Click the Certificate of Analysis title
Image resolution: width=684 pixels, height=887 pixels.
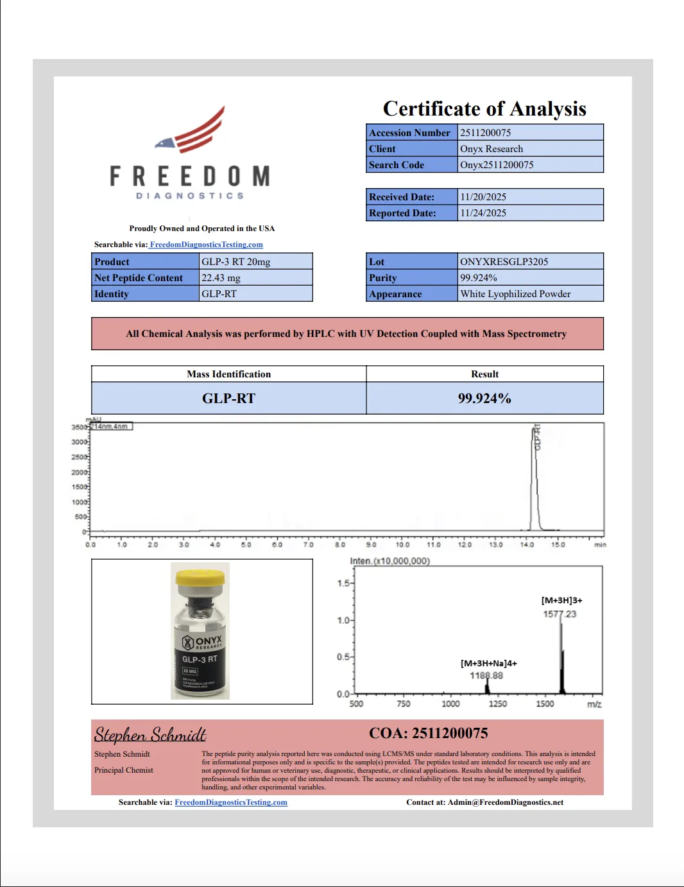484,109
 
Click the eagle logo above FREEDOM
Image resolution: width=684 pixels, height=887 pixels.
192,132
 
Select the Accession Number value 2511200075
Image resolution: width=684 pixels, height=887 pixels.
486,133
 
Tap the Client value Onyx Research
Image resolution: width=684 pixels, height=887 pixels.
492,149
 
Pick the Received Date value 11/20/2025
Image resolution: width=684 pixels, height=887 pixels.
483,197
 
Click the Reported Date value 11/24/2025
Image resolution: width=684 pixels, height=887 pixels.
483,213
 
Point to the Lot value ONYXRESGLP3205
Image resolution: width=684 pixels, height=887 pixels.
504,262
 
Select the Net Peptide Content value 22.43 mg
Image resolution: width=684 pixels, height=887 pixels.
221,278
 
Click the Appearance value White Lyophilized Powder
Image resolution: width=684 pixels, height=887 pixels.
515,294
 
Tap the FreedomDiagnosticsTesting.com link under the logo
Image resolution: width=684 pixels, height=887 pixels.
206,245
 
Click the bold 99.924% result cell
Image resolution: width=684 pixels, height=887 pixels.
484,399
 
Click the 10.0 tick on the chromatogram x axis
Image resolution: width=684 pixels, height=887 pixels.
402,545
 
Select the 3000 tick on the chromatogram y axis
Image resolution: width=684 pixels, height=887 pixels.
80,442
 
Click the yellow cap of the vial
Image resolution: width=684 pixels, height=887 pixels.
200,578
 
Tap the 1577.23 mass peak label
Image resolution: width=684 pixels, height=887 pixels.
560,614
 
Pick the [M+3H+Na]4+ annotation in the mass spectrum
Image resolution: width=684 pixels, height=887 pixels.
488,664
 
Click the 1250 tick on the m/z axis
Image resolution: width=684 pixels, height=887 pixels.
498,704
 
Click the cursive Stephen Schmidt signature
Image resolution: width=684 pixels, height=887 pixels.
150,734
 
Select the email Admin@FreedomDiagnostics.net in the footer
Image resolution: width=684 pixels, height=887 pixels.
506,802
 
